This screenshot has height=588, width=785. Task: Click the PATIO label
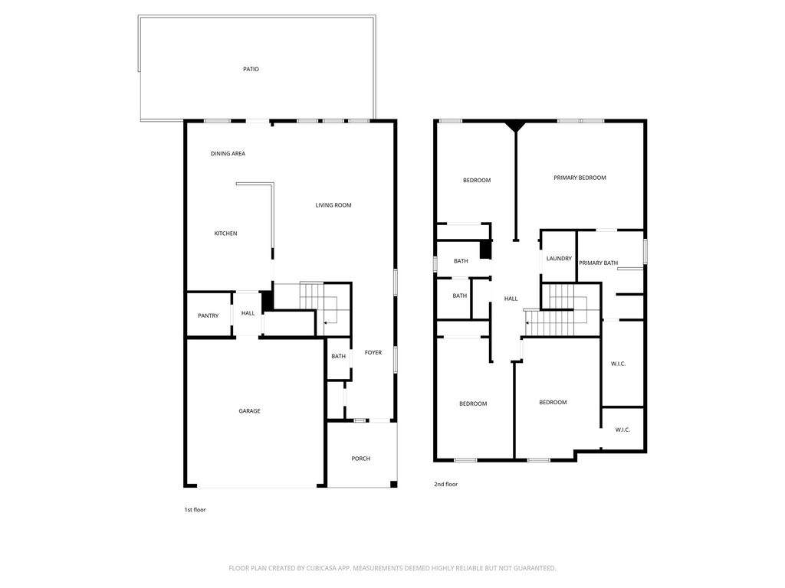coord(251,69)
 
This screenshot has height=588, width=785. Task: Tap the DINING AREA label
coord(228,153)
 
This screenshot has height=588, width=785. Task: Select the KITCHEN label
coord(225,233)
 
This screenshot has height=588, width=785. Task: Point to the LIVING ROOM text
coord(333,205)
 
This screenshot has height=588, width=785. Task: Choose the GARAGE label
coord(249,411)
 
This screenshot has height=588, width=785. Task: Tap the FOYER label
coord(373,352)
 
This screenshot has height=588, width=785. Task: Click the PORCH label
coord(360,459)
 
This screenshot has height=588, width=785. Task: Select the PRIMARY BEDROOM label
coord(580,178)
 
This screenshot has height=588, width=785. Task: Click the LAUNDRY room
coord(559,259)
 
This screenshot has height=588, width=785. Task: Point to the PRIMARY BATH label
coord(598,263)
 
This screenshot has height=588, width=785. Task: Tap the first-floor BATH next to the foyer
coord(338,356)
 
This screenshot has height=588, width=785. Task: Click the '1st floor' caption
coord(195,509)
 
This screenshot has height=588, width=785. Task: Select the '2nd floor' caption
coord(445,484)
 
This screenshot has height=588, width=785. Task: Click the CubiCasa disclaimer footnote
coord(392,568)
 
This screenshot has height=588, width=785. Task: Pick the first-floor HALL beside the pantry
coord(248,313)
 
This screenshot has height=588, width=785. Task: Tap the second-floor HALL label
coord(511,299)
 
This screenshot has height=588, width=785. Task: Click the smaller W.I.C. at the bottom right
coord(622,430)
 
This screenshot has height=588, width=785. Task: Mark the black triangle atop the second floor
coord(515,126)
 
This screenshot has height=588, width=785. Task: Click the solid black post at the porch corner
coord(393,484)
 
